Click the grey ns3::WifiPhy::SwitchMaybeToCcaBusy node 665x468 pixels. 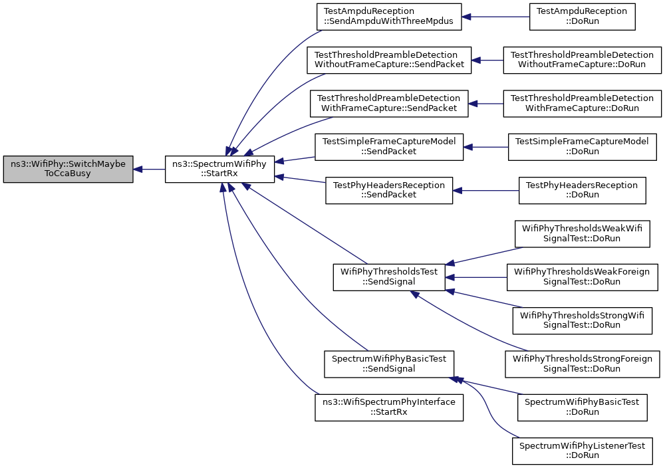[x=68, y=170]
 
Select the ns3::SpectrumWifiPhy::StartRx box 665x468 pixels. [x=219, y=170]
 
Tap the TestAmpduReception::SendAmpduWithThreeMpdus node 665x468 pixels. [x=388, y=17]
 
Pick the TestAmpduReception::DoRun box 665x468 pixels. [x=582, y=17]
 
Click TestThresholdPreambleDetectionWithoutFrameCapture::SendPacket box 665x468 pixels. [x=388, y=60]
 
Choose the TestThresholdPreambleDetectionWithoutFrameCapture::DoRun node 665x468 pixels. [x=583, y=60]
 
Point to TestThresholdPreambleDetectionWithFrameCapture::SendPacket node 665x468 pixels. [x=389, y=102]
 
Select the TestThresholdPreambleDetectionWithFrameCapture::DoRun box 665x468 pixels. [x=582, y=102]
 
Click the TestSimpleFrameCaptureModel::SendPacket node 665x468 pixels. [x=389, y=146]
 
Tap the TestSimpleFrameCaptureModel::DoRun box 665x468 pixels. [x=582, y=146]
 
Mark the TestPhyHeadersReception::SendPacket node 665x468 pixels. [x=389, y=189]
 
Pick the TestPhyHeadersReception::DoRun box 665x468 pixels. [x=582, y=189]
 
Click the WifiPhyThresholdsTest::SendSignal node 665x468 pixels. [x=389, y=277]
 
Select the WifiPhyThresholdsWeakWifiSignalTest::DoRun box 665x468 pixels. [x=582, y=233]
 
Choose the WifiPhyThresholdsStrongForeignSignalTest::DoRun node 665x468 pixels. [x=582, y=364]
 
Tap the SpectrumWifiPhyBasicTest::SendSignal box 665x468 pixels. [x=389, y=364]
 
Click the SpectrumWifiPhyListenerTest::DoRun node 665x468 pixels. [x=582, y=450]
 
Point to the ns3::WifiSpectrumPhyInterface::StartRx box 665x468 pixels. [x=389, y=407]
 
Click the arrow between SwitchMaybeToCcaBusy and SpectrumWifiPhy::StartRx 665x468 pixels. [x=150, y=170]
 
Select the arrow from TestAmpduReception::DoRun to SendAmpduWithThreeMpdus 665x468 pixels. [x=495, y=17]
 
